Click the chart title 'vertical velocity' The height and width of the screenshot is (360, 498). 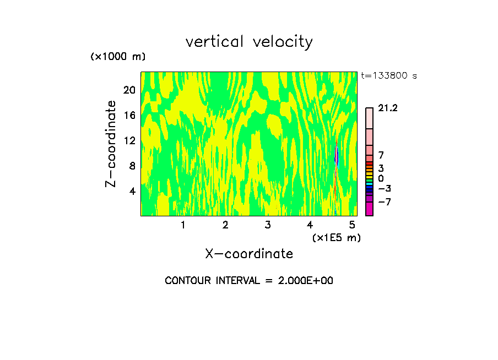pyautogui.click(x=249, y=42)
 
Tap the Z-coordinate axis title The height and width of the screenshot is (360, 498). pyautogui.click(x=111, y=144)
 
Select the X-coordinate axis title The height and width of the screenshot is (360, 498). pyautogui.click(x=249, y=254)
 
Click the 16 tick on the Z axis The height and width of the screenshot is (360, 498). pyautogui.click(x=129, y=115)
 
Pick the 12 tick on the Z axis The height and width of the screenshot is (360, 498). pyautogui.click(x=129, y=140)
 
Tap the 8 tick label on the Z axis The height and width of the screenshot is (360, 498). pyautogui.click(x=132, y=166)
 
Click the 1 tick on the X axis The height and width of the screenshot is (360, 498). pyautogui.click(x=183, y=225)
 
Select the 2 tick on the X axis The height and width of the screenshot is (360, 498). pyautogui.click(x=225, y=225)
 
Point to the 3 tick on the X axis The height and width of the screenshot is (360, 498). pyautogui.click(x=268, y=225)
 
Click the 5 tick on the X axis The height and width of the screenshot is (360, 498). pyautogui.click(x=353, y=225)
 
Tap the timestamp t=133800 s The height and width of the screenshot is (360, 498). pyautogui.click(x=389, y=76)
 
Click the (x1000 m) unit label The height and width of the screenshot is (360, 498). pyautogui.click(x=118, y=57)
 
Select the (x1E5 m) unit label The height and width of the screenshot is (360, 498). pyautogui.click(x=336, y=238)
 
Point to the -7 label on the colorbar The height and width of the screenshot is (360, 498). pyautogui.click(x=385, y=202)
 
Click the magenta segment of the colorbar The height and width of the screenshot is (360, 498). pyautogui.click(x=369, y=209)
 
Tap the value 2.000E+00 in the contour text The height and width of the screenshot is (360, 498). pyautogui.click(x=305, y=281)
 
